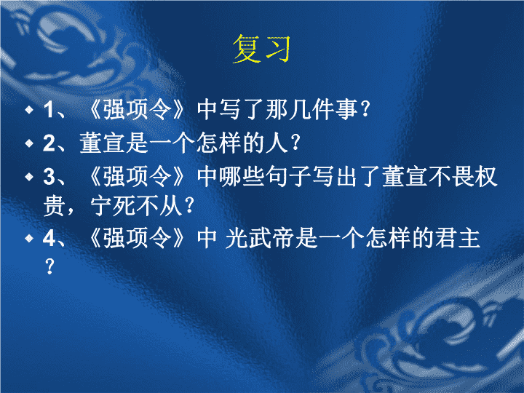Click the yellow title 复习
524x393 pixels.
(261, 49)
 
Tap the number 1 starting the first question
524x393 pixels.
(49, 110)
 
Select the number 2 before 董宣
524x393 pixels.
(49, 143)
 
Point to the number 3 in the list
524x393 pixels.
(49, 177)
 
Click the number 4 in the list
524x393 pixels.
(49, 239)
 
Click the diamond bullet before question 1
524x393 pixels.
(29, 109)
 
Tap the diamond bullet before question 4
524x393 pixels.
(29, 238)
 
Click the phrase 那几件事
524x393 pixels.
(311, 110)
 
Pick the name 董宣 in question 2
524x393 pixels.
(103, 143)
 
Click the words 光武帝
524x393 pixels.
(259, 239)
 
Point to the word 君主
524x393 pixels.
(457, 239)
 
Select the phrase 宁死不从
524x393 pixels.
(136, 206)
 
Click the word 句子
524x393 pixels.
(288, 177)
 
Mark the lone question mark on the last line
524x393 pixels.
(49, 266)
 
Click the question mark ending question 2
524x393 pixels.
(295, 143)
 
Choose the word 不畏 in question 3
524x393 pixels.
(451, 177)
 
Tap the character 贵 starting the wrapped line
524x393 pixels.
(54, 206)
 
